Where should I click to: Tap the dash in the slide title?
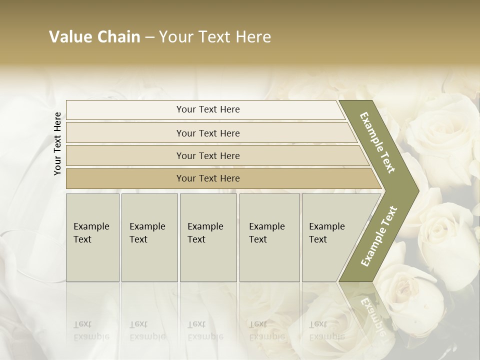tap(149, 37)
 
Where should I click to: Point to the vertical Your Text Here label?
tap(57, 143)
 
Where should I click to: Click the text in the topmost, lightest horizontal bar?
tap(208, 109)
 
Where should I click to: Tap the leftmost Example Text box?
tap(92, 237)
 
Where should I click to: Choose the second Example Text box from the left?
tap(149, 237)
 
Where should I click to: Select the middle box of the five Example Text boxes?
tap(208, 237)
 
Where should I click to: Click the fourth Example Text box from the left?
tap(269, 237)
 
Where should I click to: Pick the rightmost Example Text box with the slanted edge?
tap(330, 237)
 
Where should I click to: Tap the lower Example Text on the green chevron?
tap(378, 236)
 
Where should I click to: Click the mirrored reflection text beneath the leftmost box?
tap(91, 330)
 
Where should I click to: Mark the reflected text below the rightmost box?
tap(326, 330)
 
